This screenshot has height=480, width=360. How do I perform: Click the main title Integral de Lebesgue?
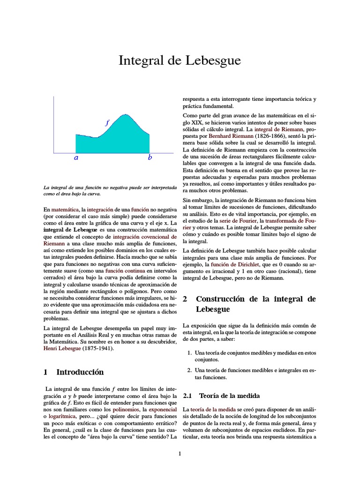pyautogui.click(x=180, y=60)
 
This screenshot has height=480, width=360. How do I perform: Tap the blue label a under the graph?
pyautogui.click(x=76, y=158)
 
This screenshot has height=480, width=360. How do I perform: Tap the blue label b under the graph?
pyautogui.click(x=150, y=158)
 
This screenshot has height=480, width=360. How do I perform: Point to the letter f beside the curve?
pyautogui.click(x=107, y=123)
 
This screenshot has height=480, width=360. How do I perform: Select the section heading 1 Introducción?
pyautogui.click(x=74, y=372)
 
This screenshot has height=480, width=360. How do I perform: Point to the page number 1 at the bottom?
pyautogui.click(x=180, y=453)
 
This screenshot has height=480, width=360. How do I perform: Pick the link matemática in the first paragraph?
pyautogui.click(x=65, y=208)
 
